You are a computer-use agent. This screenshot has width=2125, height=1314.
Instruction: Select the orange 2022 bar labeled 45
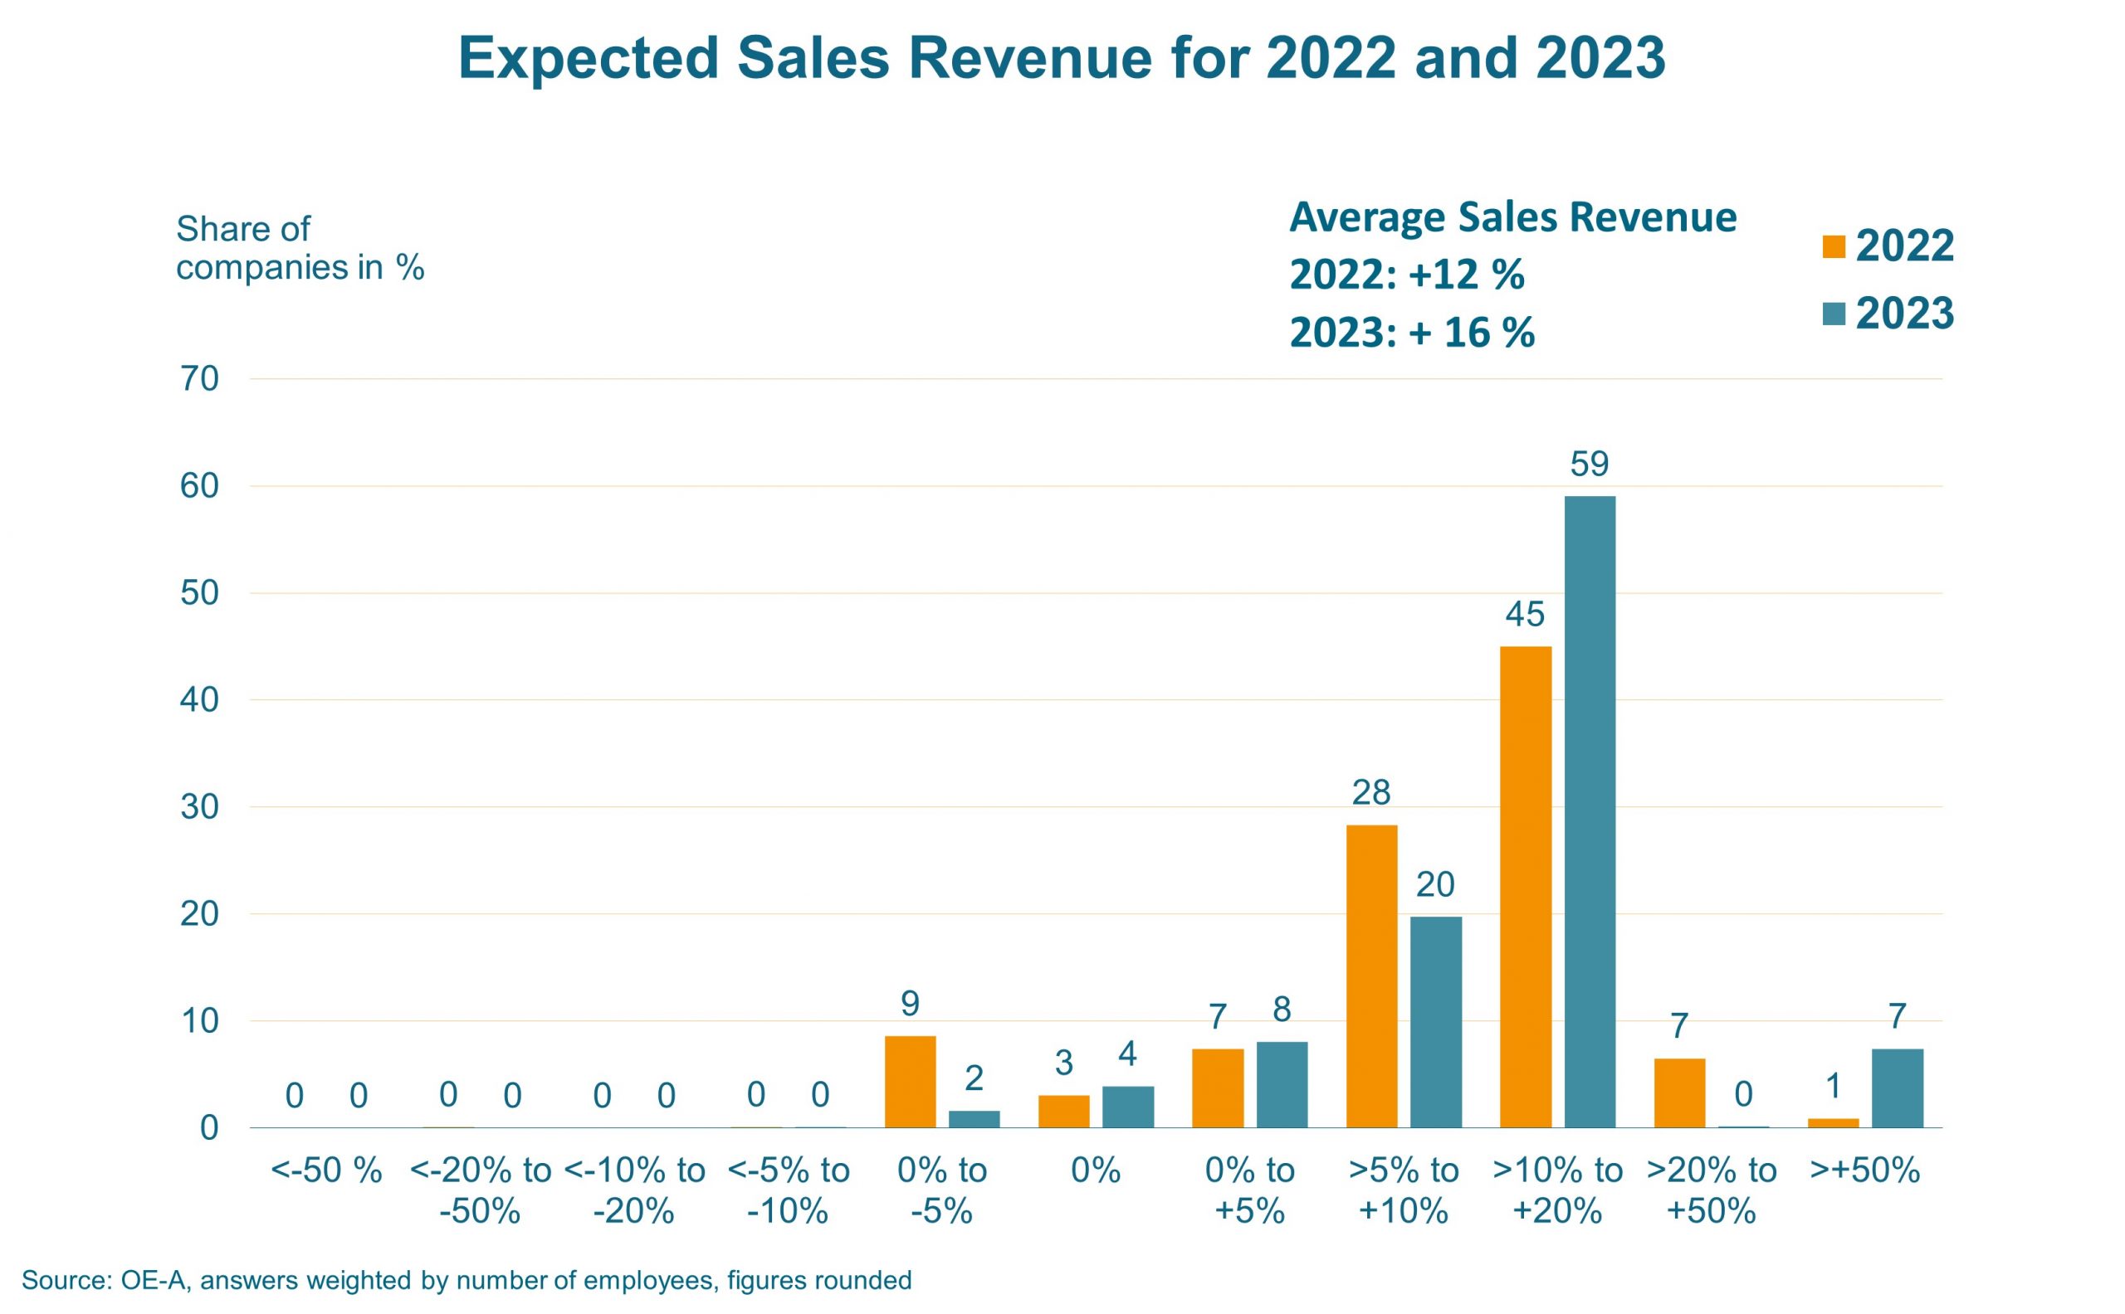1525,887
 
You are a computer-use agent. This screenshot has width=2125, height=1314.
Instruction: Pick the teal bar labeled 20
1435,1022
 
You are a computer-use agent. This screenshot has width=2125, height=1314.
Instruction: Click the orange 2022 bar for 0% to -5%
910,1081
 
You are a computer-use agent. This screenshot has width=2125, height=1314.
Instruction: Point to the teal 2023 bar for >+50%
1898,1088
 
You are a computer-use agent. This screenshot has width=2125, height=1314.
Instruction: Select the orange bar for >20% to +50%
1679,1093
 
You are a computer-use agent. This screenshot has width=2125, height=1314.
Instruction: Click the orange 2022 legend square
1834,247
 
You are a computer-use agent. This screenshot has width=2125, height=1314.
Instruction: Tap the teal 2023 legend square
1834,314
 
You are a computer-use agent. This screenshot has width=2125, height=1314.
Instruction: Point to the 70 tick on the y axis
199,379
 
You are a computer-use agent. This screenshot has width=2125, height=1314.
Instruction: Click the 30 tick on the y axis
199,806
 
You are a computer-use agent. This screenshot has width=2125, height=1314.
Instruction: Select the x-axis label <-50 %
326,1170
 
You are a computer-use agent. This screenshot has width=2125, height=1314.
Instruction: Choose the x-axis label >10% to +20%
1557,1190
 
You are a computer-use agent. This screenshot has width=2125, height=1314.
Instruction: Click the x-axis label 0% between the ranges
1096,1170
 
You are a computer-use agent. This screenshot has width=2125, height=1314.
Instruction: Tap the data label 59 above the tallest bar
1590,464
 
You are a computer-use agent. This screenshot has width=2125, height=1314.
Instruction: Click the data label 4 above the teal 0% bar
1127,1054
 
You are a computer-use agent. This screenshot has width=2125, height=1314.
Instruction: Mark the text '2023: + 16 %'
1412,332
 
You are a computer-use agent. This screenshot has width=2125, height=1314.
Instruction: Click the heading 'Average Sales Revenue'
1513,217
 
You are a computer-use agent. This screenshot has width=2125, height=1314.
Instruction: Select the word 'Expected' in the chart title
588,58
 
